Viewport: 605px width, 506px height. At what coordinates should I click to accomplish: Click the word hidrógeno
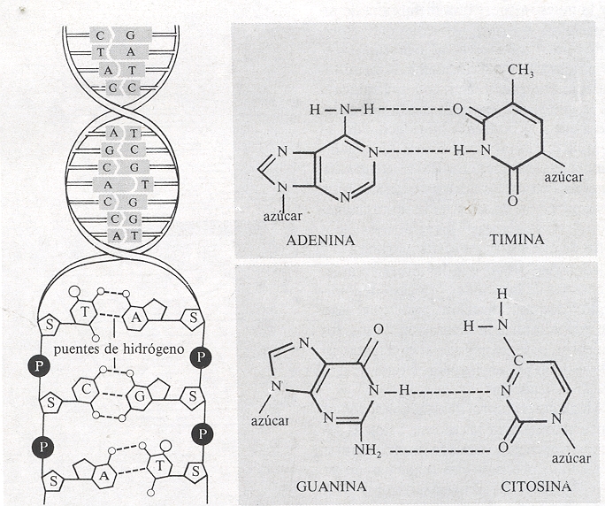[x=151, y=349]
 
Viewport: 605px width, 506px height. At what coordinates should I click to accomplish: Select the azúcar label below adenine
[x=282, y=215]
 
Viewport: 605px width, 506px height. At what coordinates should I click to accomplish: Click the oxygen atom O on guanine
[x=379, y=328]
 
